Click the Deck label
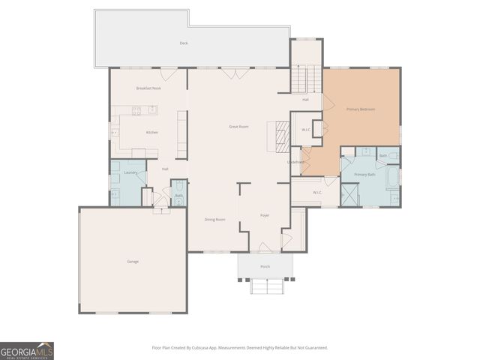tap(184, 43)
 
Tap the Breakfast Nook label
tap(148, 88)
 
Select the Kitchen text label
tap(152, 133)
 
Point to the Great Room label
tap(238, 127)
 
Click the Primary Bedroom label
tap(360, 109)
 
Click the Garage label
tap(132, 262)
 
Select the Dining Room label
tap(215, 220)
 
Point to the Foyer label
tap(265, 216)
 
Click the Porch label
tap(265, 267)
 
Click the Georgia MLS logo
tap(27, 351)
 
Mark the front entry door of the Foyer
tap(264, 247)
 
